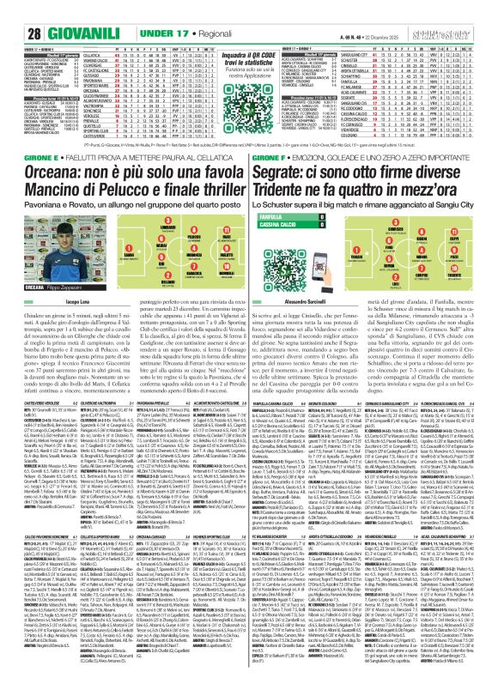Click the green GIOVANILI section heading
pyautogui.click(x=54, y=10)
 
